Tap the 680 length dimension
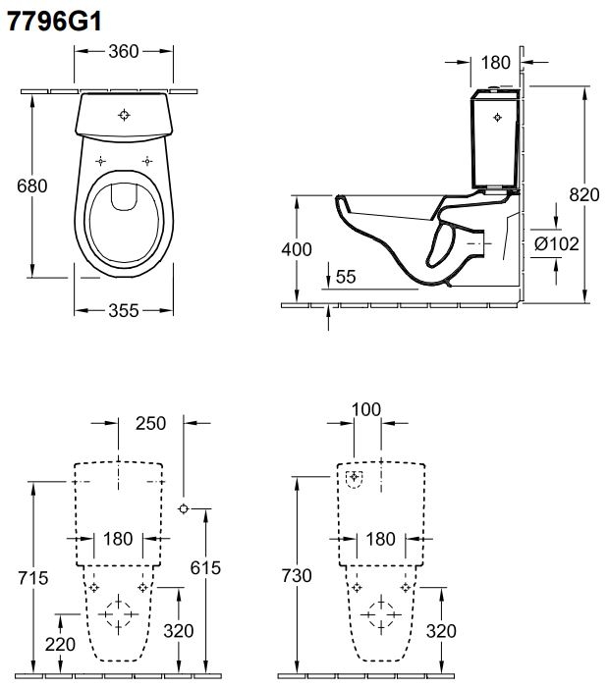[18, 185]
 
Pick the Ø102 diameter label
[555, 243]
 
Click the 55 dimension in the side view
[345, 278]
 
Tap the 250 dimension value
[150, 423]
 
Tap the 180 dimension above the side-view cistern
[496, 62]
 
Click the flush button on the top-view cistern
[124, 115]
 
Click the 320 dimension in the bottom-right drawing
[443, 630]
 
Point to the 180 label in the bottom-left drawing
[119, 539]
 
